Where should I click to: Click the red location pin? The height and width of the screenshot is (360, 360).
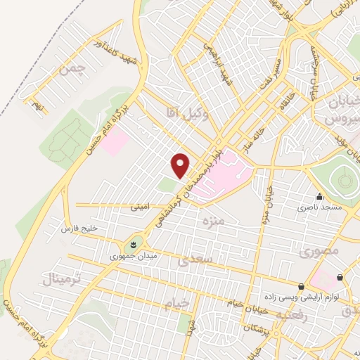click(181, 165)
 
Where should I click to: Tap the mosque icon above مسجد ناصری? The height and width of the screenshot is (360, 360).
click(320, 197)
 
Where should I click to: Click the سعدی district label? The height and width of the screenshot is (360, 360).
click(194, 262)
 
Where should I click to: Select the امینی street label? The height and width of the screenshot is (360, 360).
click(140, 208)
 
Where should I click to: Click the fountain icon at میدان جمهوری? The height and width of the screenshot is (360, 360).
click(132, 245)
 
